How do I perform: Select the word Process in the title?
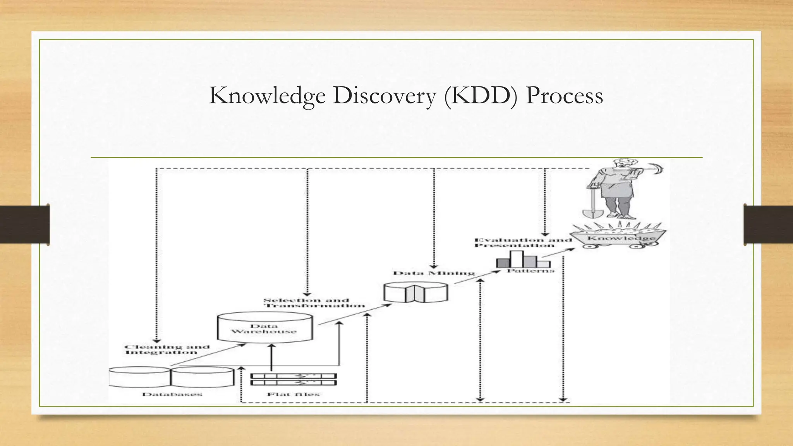tap(564, 96)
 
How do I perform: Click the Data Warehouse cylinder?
tap(264, 328)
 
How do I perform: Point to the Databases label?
tap(172, 394)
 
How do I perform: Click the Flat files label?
tap(294, 394)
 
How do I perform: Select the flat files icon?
tap(294, 379)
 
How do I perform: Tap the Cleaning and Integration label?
tap(167, 349)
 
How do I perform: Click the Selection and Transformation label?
tap(314, 303)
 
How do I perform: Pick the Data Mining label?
tap(434, 273)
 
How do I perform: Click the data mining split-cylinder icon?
tap(415, 293)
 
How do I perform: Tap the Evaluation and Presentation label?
tap(523, 242)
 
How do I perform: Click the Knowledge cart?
tap(621, 237)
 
